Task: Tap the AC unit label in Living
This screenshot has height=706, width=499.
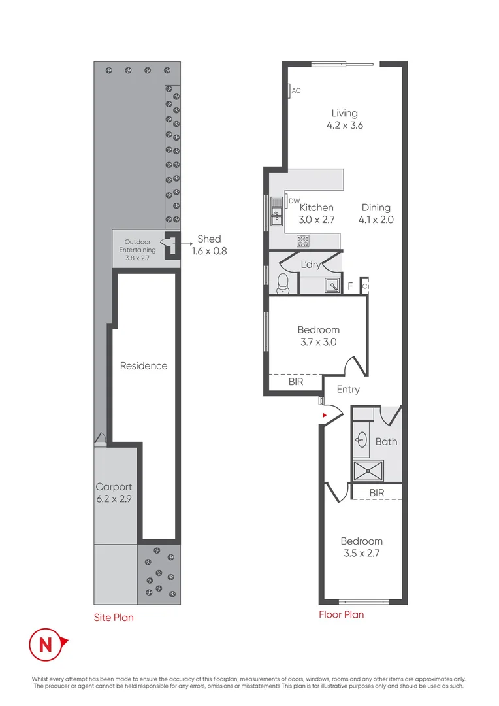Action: [x=296, y=91]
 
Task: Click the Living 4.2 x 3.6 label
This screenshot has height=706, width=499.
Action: [x=344, y=119]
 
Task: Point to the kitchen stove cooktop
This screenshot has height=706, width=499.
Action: [x=304, y=241]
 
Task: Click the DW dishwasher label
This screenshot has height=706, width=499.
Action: [x=294, y=201]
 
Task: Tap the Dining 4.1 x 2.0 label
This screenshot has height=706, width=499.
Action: [x=377, y=214]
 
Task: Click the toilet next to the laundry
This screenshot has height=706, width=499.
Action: [x=283, y=282]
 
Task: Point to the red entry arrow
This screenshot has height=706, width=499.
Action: [x=323, y=414]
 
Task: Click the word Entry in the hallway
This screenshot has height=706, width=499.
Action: [x=348, y=390]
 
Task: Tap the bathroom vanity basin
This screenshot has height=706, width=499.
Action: [x=361, y=440]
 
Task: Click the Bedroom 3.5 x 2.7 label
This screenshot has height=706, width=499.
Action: [x=361, y=546]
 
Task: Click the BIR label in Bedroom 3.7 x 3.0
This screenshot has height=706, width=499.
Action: [x=296, y=382]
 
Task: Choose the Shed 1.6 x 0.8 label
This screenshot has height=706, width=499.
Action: [x=209, y=244]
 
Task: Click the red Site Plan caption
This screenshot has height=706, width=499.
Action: [x=114, y=616]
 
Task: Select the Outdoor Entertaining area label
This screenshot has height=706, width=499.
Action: [x=137, y=249]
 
